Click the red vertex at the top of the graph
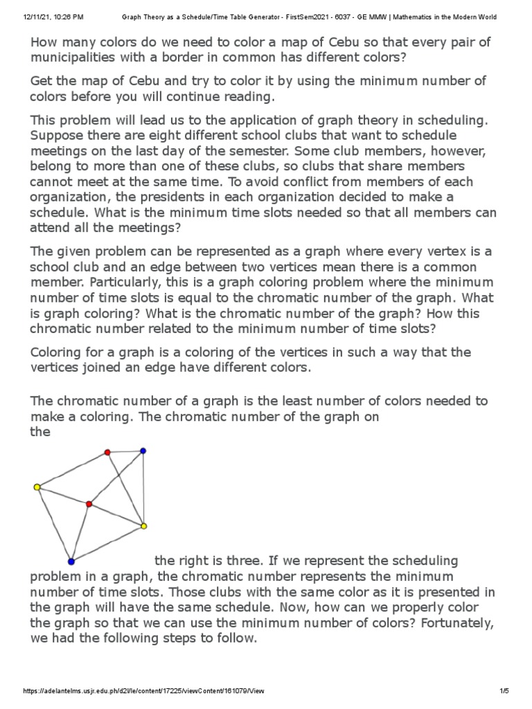(x=107, y=452)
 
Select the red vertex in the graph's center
(x=89, y=504)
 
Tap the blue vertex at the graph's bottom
(x=71, y=561)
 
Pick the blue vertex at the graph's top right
(x=143, y=451)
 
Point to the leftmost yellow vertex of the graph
(x=37, y=487)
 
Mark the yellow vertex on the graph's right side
(x=143, y=527)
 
